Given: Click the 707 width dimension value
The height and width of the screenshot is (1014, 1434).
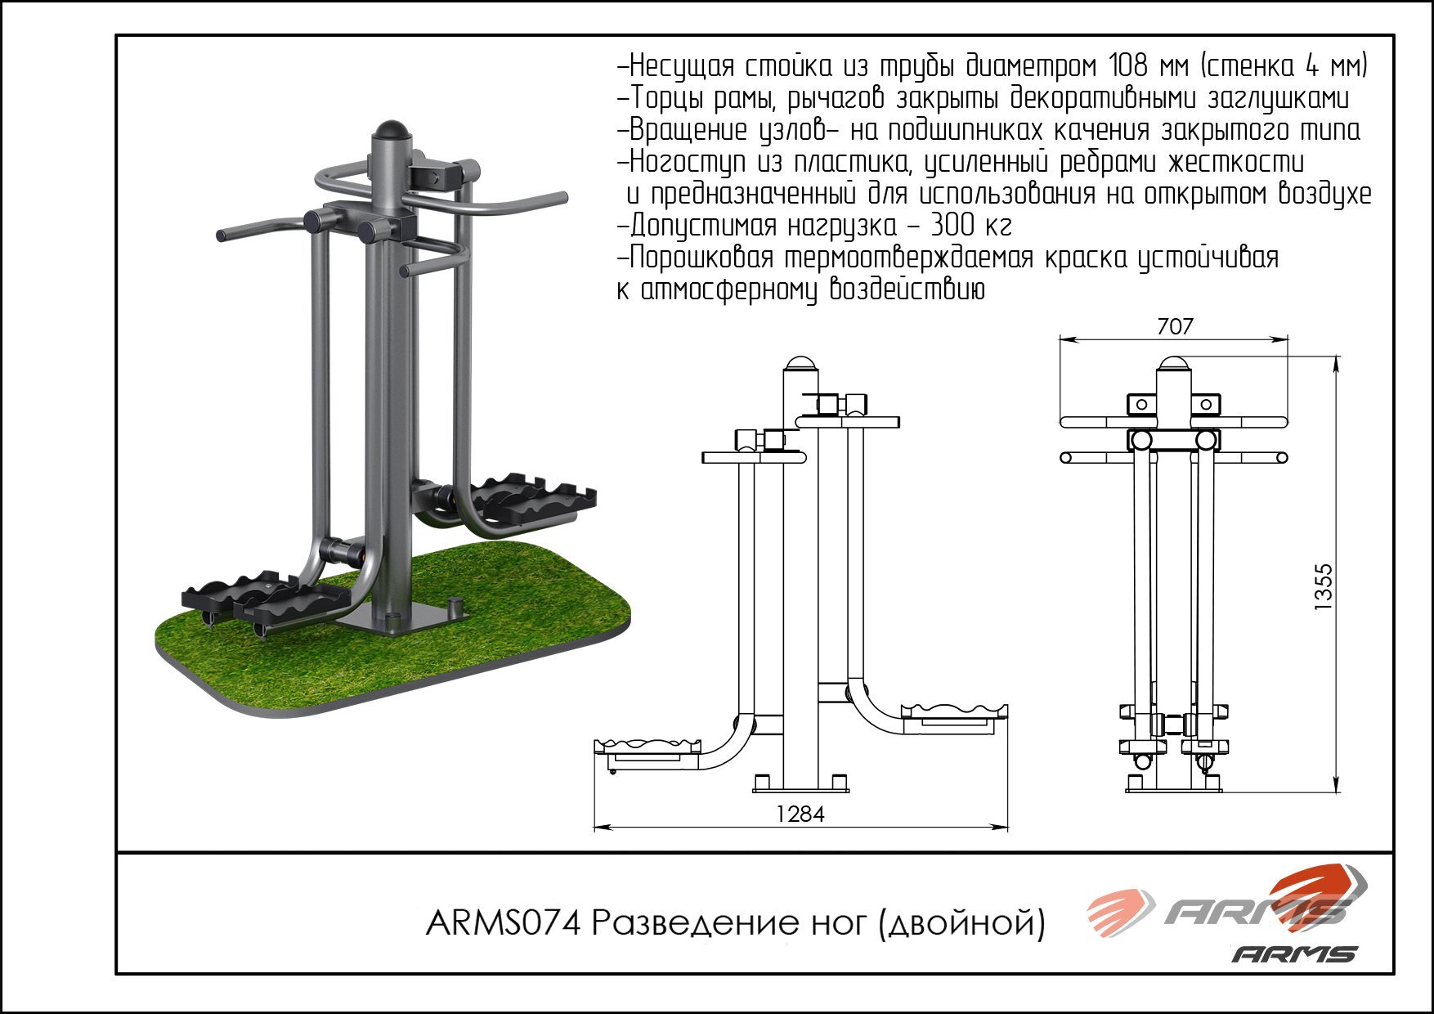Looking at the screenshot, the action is click(x=1176, y=326).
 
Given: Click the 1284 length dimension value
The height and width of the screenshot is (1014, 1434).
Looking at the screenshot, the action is click(x=800, y=814).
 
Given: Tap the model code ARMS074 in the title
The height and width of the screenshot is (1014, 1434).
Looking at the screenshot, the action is click(x=503, y=924).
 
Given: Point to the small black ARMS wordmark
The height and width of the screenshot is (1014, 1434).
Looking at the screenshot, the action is click(x=1294, y=954).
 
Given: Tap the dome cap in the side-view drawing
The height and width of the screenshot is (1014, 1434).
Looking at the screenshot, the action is click(x=800, y=363).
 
